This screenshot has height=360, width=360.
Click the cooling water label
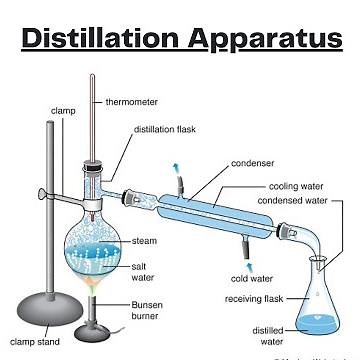point(295,185)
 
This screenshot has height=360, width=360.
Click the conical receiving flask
point(319,300)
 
